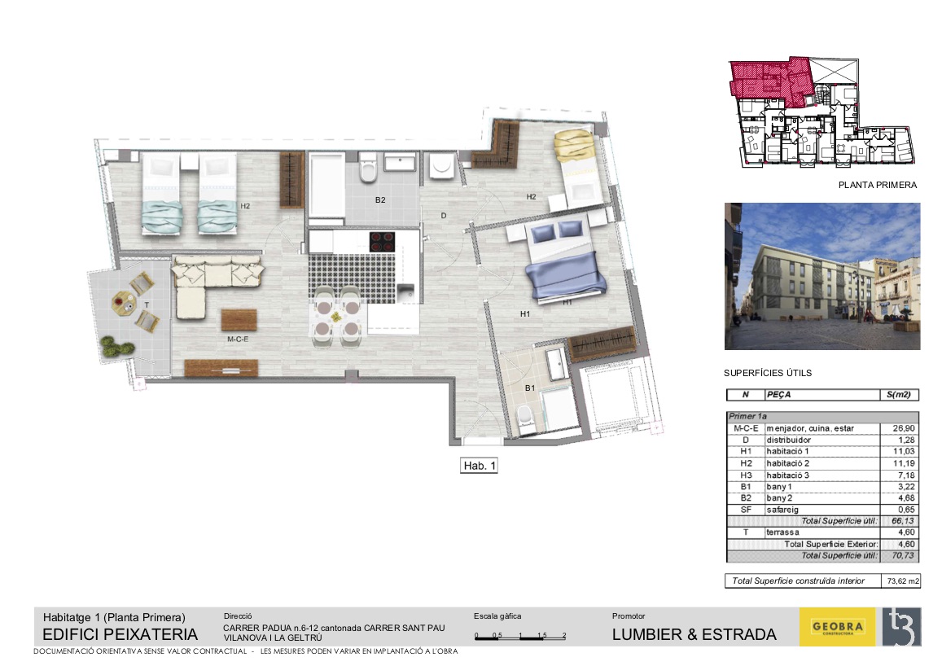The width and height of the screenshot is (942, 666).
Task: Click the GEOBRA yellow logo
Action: (x=838, y=627)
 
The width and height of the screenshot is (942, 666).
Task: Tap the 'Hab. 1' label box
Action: (x=480, y=466)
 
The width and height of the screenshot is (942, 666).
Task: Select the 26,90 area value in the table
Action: (x=904, y=428)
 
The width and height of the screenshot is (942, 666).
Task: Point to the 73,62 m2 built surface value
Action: (x=903, y=581)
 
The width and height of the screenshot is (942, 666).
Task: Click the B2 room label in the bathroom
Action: (x=380, y=200)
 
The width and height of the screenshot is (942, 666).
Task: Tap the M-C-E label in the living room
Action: (x=237, y=340)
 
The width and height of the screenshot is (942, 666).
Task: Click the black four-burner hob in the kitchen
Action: (x=382, y=242)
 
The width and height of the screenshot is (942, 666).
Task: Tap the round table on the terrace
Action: (x=124, y=301)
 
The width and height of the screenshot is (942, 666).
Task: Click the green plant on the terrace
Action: (x=116, y=347)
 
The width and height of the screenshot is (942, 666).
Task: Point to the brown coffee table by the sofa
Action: (x=239, y=320)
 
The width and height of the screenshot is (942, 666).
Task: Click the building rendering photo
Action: (x=822, y=276)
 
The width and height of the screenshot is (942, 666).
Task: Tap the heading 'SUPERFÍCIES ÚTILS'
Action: (x=768, y=373)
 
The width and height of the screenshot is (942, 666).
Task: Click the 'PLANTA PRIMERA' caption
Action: (x=878, y=185)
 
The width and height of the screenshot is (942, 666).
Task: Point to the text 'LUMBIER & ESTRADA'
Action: (x=694, y=634)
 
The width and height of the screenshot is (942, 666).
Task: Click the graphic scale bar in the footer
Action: (x=520, y=635)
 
